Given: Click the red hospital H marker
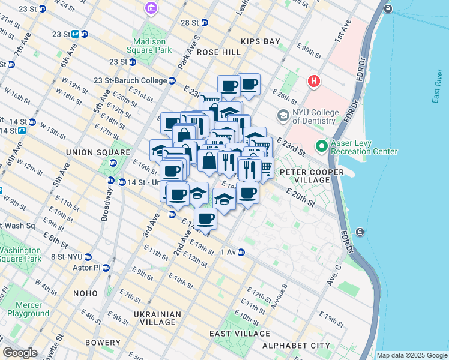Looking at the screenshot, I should click(313, 81).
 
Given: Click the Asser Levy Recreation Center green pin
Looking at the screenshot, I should click(322, 146).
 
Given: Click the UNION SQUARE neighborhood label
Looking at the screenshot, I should click(98, 152).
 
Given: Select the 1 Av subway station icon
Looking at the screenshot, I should click(241, 252).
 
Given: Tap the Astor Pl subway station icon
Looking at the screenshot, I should click(106, 268).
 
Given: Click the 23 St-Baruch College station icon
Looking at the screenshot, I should click(172, 80).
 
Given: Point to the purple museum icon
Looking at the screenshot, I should click(151, 8).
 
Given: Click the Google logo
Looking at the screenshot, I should click(20, 353).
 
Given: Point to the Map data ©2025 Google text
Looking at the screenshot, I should click(411, 355).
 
